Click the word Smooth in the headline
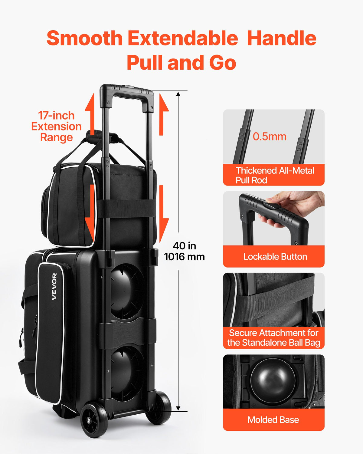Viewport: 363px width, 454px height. [85, 38]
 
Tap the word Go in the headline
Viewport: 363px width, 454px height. [223, 62]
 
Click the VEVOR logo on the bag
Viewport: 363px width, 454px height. [54, 287]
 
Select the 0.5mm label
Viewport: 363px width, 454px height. [270, 137]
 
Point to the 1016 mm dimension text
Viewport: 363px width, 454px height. [184, 257]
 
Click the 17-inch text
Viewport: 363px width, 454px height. [56, 115]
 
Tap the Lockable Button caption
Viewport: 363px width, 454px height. [275, 257]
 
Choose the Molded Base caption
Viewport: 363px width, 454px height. [273, 419]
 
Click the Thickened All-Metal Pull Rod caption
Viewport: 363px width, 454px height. [275, 175]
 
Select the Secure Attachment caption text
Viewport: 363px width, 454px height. [273, 337]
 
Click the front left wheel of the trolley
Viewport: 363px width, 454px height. [94, 419]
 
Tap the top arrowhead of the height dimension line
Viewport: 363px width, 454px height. [178, 94]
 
